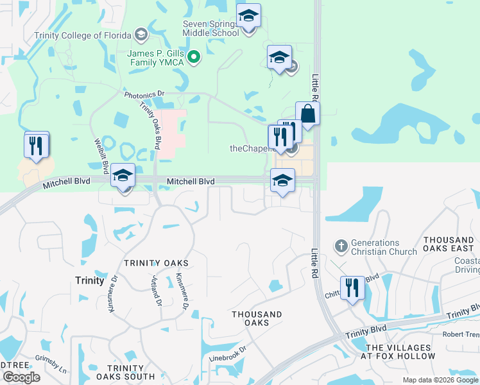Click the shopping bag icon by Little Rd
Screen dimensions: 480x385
tap(307, 114)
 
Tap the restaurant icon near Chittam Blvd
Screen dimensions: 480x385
tap(352, 289)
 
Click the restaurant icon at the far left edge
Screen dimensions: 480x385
tap(37, 145)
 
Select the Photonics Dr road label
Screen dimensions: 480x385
tap(144, 94)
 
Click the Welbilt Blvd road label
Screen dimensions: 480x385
tap(101, 156)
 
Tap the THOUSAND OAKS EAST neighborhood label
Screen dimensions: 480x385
tap(449, 244)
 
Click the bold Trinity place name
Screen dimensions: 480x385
tap(89, 280)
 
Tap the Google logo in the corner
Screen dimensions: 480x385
tap(21, 377)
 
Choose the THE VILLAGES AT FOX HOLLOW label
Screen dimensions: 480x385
tap(398, 350)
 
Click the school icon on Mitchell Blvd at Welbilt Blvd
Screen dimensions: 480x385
tap(123, 175)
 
